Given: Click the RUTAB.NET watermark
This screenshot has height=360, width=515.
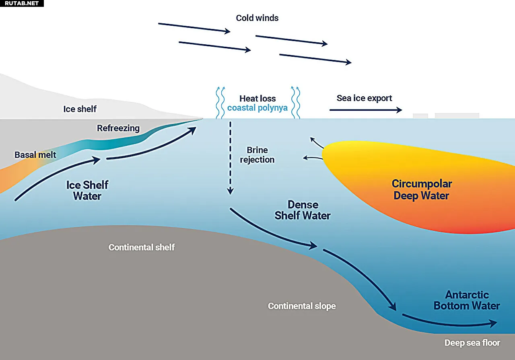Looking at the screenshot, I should click(x=22, y=3).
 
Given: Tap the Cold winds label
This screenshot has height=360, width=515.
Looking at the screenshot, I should click(x=257, y=18).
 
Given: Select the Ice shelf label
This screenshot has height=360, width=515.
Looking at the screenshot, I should click(x=80, y=109).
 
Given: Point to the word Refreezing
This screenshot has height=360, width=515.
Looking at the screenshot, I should click(x=118, y=128).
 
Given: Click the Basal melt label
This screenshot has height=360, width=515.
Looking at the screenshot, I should click(x=35, y=155).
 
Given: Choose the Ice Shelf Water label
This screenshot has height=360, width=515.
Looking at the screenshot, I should click(x=87, y=190).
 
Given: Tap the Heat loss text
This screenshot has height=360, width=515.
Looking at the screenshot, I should click(x=257, y=99).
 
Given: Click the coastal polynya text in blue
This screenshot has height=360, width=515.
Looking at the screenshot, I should click(x=257, y=108).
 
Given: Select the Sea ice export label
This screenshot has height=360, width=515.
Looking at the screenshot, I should click(x=364, y=98).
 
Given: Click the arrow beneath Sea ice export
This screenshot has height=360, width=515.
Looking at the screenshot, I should click(x=365, y=110).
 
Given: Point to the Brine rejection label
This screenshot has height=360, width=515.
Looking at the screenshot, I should click(x=257, y=155).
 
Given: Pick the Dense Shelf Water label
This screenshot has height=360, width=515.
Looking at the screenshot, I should click(x=303, y=210).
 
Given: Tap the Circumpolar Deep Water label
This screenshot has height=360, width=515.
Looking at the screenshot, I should click(x=422, y=190).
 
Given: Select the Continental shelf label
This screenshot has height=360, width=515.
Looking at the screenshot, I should click(x=142, y=247).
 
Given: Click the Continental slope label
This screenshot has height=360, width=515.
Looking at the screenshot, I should click(x=302, y=306).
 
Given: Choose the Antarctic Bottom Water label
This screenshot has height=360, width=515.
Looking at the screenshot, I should click(x=467, y=300).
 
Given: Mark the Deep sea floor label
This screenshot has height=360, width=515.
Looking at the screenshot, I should click(x=472, y=343).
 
